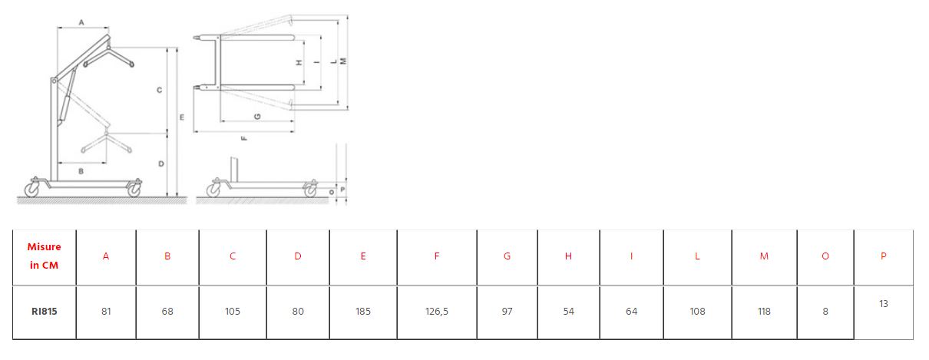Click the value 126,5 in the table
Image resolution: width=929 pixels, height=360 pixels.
(x=436, y=312)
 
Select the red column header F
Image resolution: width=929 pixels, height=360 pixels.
(x=437, y=256)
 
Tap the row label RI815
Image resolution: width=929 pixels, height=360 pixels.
(x=45, y=312)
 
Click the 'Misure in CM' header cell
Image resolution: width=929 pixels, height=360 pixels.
(x=44, y=256)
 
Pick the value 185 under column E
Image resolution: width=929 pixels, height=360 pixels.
(x=363, y=312)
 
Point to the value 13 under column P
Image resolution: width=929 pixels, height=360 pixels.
(x=884, y=304)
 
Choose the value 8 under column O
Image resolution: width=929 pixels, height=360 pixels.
(x=825, y=312)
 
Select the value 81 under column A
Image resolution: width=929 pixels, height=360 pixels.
(x=106, y=312)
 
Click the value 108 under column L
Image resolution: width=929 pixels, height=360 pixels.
(x=697, y=312)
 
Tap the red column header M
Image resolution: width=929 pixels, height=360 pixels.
(x=764, y=256)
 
